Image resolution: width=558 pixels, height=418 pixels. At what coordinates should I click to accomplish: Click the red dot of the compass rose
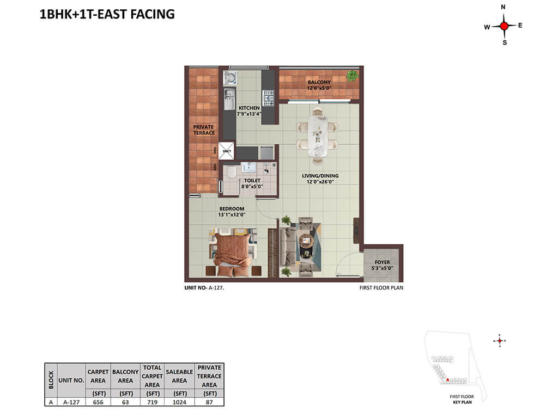[x=504, y=26]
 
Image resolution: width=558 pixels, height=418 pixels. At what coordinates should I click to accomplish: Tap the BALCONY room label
[x=319, y=82]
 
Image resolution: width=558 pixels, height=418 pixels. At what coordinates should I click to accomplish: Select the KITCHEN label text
[x=248, y=108]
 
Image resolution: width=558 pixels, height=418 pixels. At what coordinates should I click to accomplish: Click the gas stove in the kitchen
[x=268, y=98]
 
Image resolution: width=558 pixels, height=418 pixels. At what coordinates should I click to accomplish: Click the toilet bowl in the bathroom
[x=231, y=172]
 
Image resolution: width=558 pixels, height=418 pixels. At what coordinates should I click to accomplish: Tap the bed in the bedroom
[x=233, y=253]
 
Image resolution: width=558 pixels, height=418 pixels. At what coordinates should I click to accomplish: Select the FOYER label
[x=382, y=262]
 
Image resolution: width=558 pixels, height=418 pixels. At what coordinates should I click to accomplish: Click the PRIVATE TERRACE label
[x=204, y=130]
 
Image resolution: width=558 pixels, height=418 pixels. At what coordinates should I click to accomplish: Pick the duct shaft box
[x=226, y=151]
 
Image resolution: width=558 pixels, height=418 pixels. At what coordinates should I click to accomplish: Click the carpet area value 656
[x=98, y=402]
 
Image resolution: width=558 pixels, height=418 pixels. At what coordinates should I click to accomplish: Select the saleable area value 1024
[x=179, y=402]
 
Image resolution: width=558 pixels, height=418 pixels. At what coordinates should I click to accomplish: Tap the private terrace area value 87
[x=209, y=402]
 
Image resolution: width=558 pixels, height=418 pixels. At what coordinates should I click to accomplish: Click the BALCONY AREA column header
[x=125, y=376]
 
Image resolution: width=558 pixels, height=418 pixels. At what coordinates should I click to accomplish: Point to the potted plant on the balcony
[x=353, y=76]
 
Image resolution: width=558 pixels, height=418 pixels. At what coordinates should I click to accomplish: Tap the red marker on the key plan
[x=447, y=379]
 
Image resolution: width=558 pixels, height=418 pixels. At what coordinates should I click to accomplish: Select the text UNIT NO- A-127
[x=204, y=287]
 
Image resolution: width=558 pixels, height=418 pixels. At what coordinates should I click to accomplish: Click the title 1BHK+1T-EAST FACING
[x=107, y=14]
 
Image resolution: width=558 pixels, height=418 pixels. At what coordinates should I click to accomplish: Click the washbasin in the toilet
[x=248, y=167]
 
